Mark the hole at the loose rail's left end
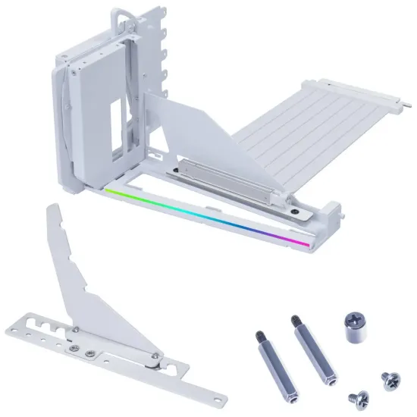15,328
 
